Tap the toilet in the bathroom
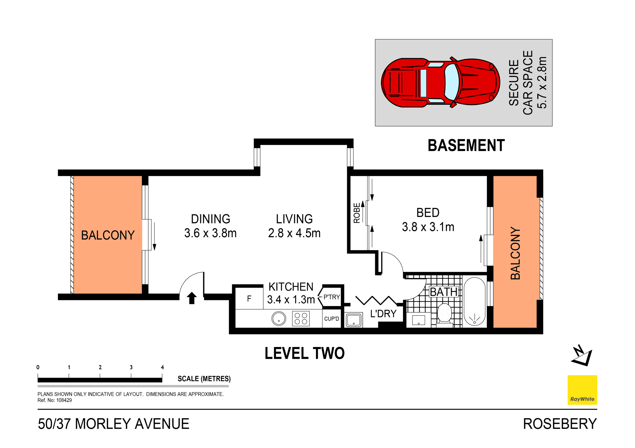[445, 314]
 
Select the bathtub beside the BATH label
[474, 302]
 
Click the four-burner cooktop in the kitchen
[301, 319]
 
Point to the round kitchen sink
[279, 318]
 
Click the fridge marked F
[249, 299]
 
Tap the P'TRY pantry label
[331, 297]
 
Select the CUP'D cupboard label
[331, 319]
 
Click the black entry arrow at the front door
[192, 298]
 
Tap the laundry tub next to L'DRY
[353, 320]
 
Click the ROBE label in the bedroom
[357, 213]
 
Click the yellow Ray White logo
[582, 389]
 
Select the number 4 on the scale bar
[162, 368]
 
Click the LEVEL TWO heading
[304, 353]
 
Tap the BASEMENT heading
[466, 146]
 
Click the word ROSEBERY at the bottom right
[560, 424]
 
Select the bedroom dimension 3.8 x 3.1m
[428, 227]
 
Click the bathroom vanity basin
[418, 320]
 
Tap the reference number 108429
[64, 400]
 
